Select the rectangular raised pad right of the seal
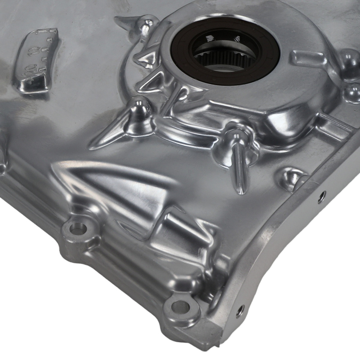(x=308, y=58)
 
